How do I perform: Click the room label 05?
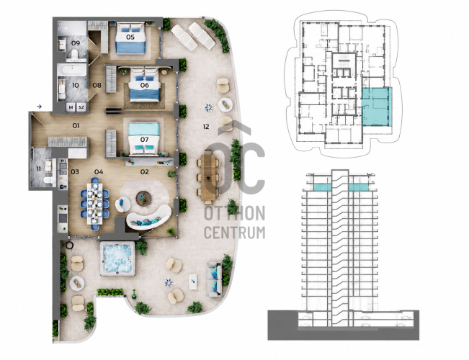130,37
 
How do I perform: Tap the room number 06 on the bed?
145,85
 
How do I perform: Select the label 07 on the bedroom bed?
145,140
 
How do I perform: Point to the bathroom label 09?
76,43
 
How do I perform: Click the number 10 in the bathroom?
76,85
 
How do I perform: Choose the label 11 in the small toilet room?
39,169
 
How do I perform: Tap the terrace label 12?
206,127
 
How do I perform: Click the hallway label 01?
76,125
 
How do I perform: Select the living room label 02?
145,171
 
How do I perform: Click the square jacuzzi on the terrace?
117,258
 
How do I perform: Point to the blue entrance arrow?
39,107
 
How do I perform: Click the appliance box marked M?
71,107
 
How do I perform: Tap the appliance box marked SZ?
81,107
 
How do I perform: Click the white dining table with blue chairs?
95,204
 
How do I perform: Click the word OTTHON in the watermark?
235,213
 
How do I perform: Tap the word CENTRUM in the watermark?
235,233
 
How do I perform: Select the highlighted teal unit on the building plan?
377,107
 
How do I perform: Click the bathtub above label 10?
72,71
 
